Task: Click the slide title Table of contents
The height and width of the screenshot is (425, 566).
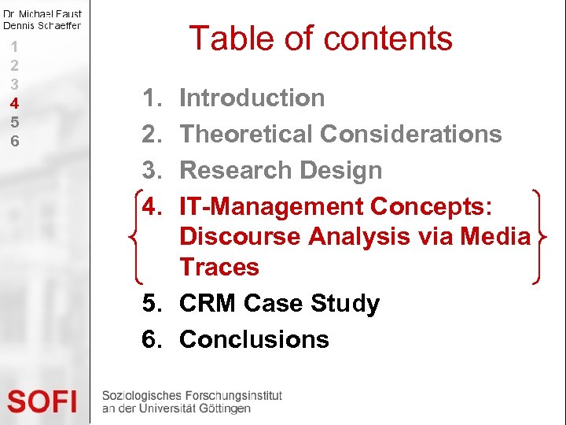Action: pyautogui.click(x=321, y=38)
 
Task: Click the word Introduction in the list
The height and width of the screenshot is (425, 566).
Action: pyautogui.click(x=252, y=98)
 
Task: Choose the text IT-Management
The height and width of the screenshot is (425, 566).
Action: pyautogui.click(x=271, y=206)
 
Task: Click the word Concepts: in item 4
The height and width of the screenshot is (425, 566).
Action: pyautogui.click(x=432, y=206)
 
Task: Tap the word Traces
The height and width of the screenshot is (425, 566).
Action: pyautogui.click(x=219, y=267)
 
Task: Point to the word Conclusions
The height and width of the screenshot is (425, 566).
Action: pyautogui.click(x=254, y=339)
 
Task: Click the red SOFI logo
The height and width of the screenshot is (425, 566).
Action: pyautogui.click(x=42, y=401)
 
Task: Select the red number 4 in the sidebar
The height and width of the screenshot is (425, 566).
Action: pyautogui.click(x=14, y=103)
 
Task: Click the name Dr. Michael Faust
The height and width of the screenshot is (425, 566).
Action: pyautogui.click(x=42, y=13)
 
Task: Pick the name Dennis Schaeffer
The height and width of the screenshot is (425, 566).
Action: pyautogui.click(x=42, y=25)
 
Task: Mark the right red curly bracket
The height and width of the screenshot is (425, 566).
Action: pyautogui.click(x=538, y=236)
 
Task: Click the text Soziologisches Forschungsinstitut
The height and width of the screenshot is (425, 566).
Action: pyautogui.click(x=191, y=395)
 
